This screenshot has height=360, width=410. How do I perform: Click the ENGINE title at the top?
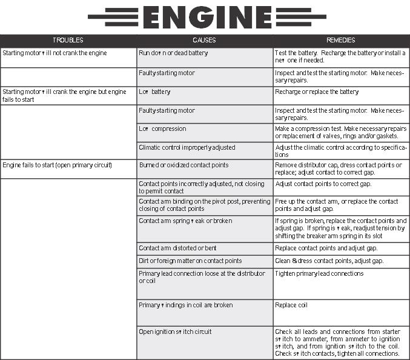205,16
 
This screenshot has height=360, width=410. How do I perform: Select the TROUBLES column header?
68,41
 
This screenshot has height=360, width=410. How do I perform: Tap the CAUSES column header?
204,41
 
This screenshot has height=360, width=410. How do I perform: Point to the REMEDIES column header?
340,41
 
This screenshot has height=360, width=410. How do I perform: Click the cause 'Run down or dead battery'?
173,53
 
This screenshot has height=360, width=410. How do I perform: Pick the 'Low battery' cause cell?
155,92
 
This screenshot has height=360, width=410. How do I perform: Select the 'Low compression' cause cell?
162,129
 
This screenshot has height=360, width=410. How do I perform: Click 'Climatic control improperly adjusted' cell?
187,147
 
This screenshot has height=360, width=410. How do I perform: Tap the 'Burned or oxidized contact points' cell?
184,165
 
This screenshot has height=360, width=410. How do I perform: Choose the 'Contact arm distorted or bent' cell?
177,248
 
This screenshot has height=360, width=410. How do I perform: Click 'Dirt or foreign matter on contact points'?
190,261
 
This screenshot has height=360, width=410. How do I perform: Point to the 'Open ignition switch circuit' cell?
176,332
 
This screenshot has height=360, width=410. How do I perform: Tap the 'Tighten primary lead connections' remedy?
319,274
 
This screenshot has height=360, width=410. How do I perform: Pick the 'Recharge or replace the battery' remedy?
317,92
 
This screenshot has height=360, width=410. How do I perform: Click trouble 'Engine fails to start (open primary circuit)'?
58,165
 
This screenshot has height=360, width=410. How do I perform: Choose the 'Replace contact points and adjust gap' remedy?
326,248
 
